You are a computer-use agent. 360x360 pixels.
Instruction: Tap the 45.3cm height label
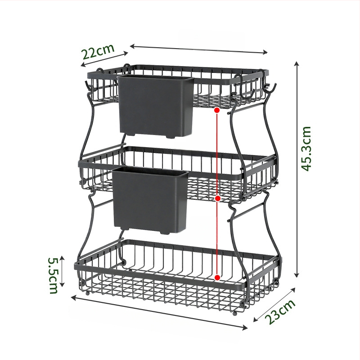click(x=306, y=149)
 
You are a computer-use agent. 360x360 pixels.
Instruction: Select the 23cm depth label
click(x=280, y=312)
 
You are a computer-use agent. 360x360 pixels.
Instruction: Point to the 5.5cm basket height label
click(x=53, y=275)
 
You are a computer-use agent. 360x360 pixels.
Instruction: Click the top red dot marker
click(x=217, y=110)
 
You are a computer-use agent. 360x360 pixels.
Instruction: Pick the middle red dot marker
click(x=218, y=198)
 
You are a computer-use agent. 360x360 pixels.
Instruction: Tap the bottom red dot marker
click(x=217, y=278)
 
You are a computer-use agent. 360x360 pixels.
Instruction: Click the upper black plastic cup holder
click(x=156, y=106)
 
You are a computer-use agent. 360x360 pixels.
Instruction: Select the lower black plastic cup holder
click(x=151, y=200)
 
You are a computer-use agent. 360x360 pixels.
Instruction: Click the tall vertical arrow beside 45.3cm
click(x=297, y=169)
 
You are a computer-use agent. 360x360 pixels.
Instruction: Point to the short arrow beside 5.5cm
click(x=62, y=271)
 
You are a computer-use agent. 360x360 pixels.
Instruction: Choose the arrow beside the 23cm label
click(x=274, y=305)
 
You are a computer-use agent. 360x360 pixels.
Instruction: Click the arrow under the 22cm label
click(x=104, y=59)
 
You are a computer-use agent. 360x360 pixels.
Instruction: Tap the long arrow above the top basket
click(x=199, y=49)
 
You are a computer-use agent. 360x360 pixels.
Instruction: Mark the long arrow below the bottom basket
click(x=159, y=313)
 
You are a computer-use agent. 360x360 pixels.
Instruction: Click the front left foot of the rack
click(x=87, y=293)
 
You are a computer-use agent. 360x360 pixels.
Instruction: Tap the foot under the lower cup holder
click(x=165, y=233)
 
